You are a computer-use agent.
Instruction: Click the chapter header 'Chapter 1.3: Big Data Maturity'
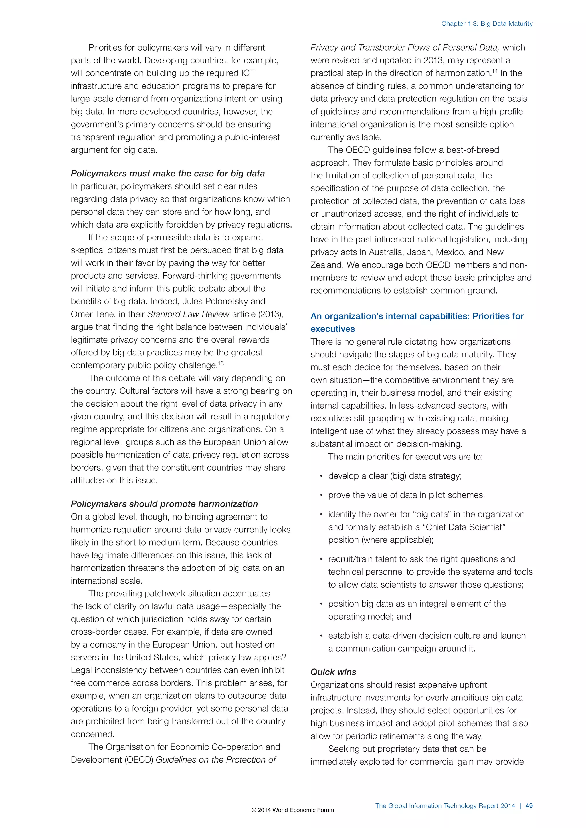[x=487, y=24]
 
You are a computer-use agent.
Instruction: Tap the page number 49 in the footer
[x=529, y=806]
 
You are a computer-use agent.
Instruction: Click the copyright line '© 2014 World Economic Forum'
[x=293, y=810]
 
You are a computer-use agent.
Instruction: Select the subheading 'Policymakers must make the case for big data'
[x=167, y=174]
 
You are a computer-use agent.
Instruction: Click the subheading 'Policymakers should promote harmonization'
[x=164, y=504]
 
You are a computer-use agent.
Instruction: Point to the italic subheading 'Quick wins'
[x=333, y=672]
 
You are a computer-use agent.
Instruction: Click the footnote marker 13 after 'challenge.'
[x=221, y=363]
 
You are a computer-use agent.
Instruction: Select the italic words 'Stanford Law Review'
[x=188, y=314]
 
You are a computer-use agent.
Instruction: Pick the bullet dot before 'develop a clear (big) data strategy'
[x=321, y=476]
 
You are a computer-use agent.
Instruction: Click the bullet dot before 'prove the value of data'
[x=321, y=495]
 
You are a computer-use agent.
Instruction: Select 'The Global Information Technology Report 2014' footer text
[x=445, y=806]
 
